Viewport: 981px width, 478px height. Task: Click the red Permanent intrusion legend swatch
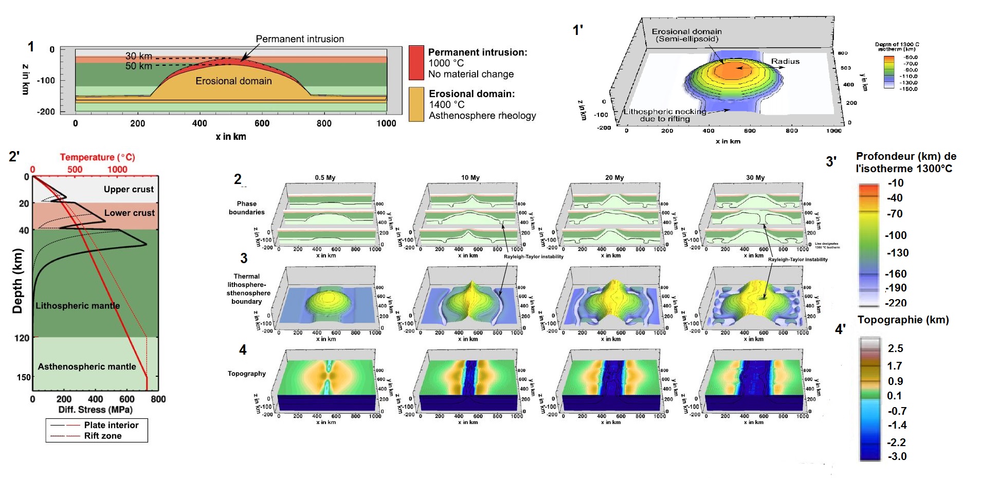[416, 63]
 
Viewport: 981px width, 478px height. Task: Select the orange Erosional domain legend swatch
[416, 104]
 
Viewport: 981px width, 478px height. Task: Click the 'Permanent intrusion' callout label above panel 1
[300, 39]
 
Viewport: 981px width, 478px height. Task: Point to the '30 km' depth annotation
[139, 56]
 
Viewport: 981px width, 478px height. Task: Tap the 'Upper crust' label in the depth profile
[129, 189]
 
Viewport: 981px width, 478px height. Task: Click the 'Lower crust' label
[129, 213]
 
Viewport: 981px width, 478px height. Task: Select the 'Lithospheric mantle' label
[78, 306]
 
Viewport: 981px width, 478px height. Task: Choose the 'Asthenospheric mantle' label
[87, 366]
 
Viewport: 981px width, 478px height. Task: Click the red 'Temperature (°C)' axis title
[97, 157]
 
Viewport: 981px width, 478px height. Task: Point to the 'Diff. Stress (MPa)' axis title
[96, 410]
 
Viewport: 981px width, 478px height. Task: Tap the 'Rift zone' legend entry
[103, 436]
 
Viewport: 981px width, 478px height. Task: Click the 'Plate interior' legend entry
[111, 425]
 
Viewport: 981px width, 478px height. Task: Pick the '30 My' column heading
[755, 178]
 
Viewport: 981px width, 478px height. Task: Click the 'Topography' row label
[247, 374]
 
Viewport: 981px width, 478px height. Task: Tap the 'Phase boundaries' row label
[247, 208]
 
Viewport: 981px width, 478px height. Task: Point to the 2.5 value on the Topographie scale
[895, 348]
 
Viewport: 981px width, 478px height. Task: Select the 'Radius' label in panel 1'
[785, 61]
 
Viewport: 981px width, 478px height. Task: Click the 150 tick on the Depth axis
[24, 377]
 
